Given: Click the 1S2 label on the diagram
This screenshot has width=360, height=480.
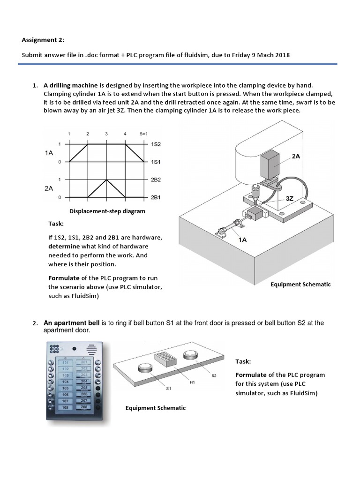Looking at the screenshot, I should (x=156, y=144).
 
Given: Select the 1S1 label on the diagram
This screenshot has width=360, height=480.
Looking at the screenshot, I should (x=156, y=162).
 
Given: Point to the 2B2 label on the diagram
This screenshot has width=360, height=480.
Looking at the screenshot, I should (x=156, y=180).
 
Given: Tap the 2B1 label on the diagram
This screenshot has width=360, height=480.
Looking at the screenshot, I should (x=156, y=197).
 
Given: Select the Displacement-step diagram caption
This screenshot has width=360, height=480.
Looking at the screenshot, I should (x=107, y=211).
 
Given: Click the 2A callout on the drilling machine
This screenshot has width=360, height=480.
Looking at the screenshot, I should (x=296, y=157).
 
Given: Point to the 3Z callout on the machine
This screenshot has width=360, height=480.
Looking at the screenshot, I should (x=290, y=198).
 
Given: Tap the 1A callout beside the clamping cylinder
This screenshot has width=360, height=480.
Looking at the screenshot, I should (x=243, y=239).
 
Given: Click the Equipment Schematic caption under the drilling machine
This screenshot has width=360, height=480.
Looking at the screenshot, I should (x=300, y=285).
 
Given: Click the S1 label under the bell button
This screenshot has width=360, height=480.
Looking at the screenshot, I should (x=168, y=389).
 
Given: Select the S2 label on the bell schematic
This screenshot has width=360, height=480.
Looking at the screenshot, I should (x=214, y=375).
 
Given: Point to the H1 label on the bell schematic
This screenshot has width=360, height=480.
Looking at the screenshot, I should (x=192, y=383).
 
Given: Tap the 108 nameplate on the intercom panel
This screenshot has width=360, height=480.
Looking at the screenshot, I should (x=66, y=408).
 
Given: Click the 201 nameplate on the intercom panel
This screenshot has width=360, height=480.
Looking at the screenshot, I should (x=84, y=362).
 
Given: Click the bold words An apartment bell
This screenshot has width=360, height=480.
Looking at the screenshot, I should (x=72, y=323).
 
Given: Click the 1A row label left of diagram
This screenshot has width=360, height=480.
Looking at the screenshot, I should (x=49, y=153).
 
